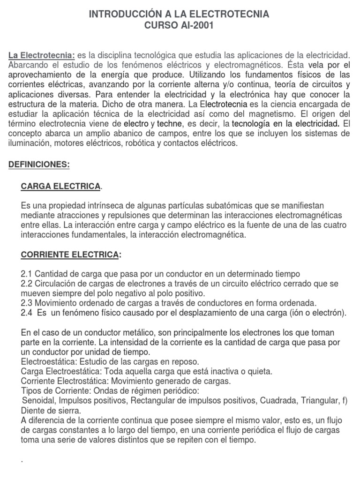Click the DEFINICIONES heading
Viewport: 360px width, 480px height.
tap(39, 165)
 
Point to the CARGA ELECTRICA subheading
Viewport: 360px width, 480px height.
tap(60, 187)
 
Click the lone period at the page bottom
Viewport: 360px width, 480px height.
tap(23, 461)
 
